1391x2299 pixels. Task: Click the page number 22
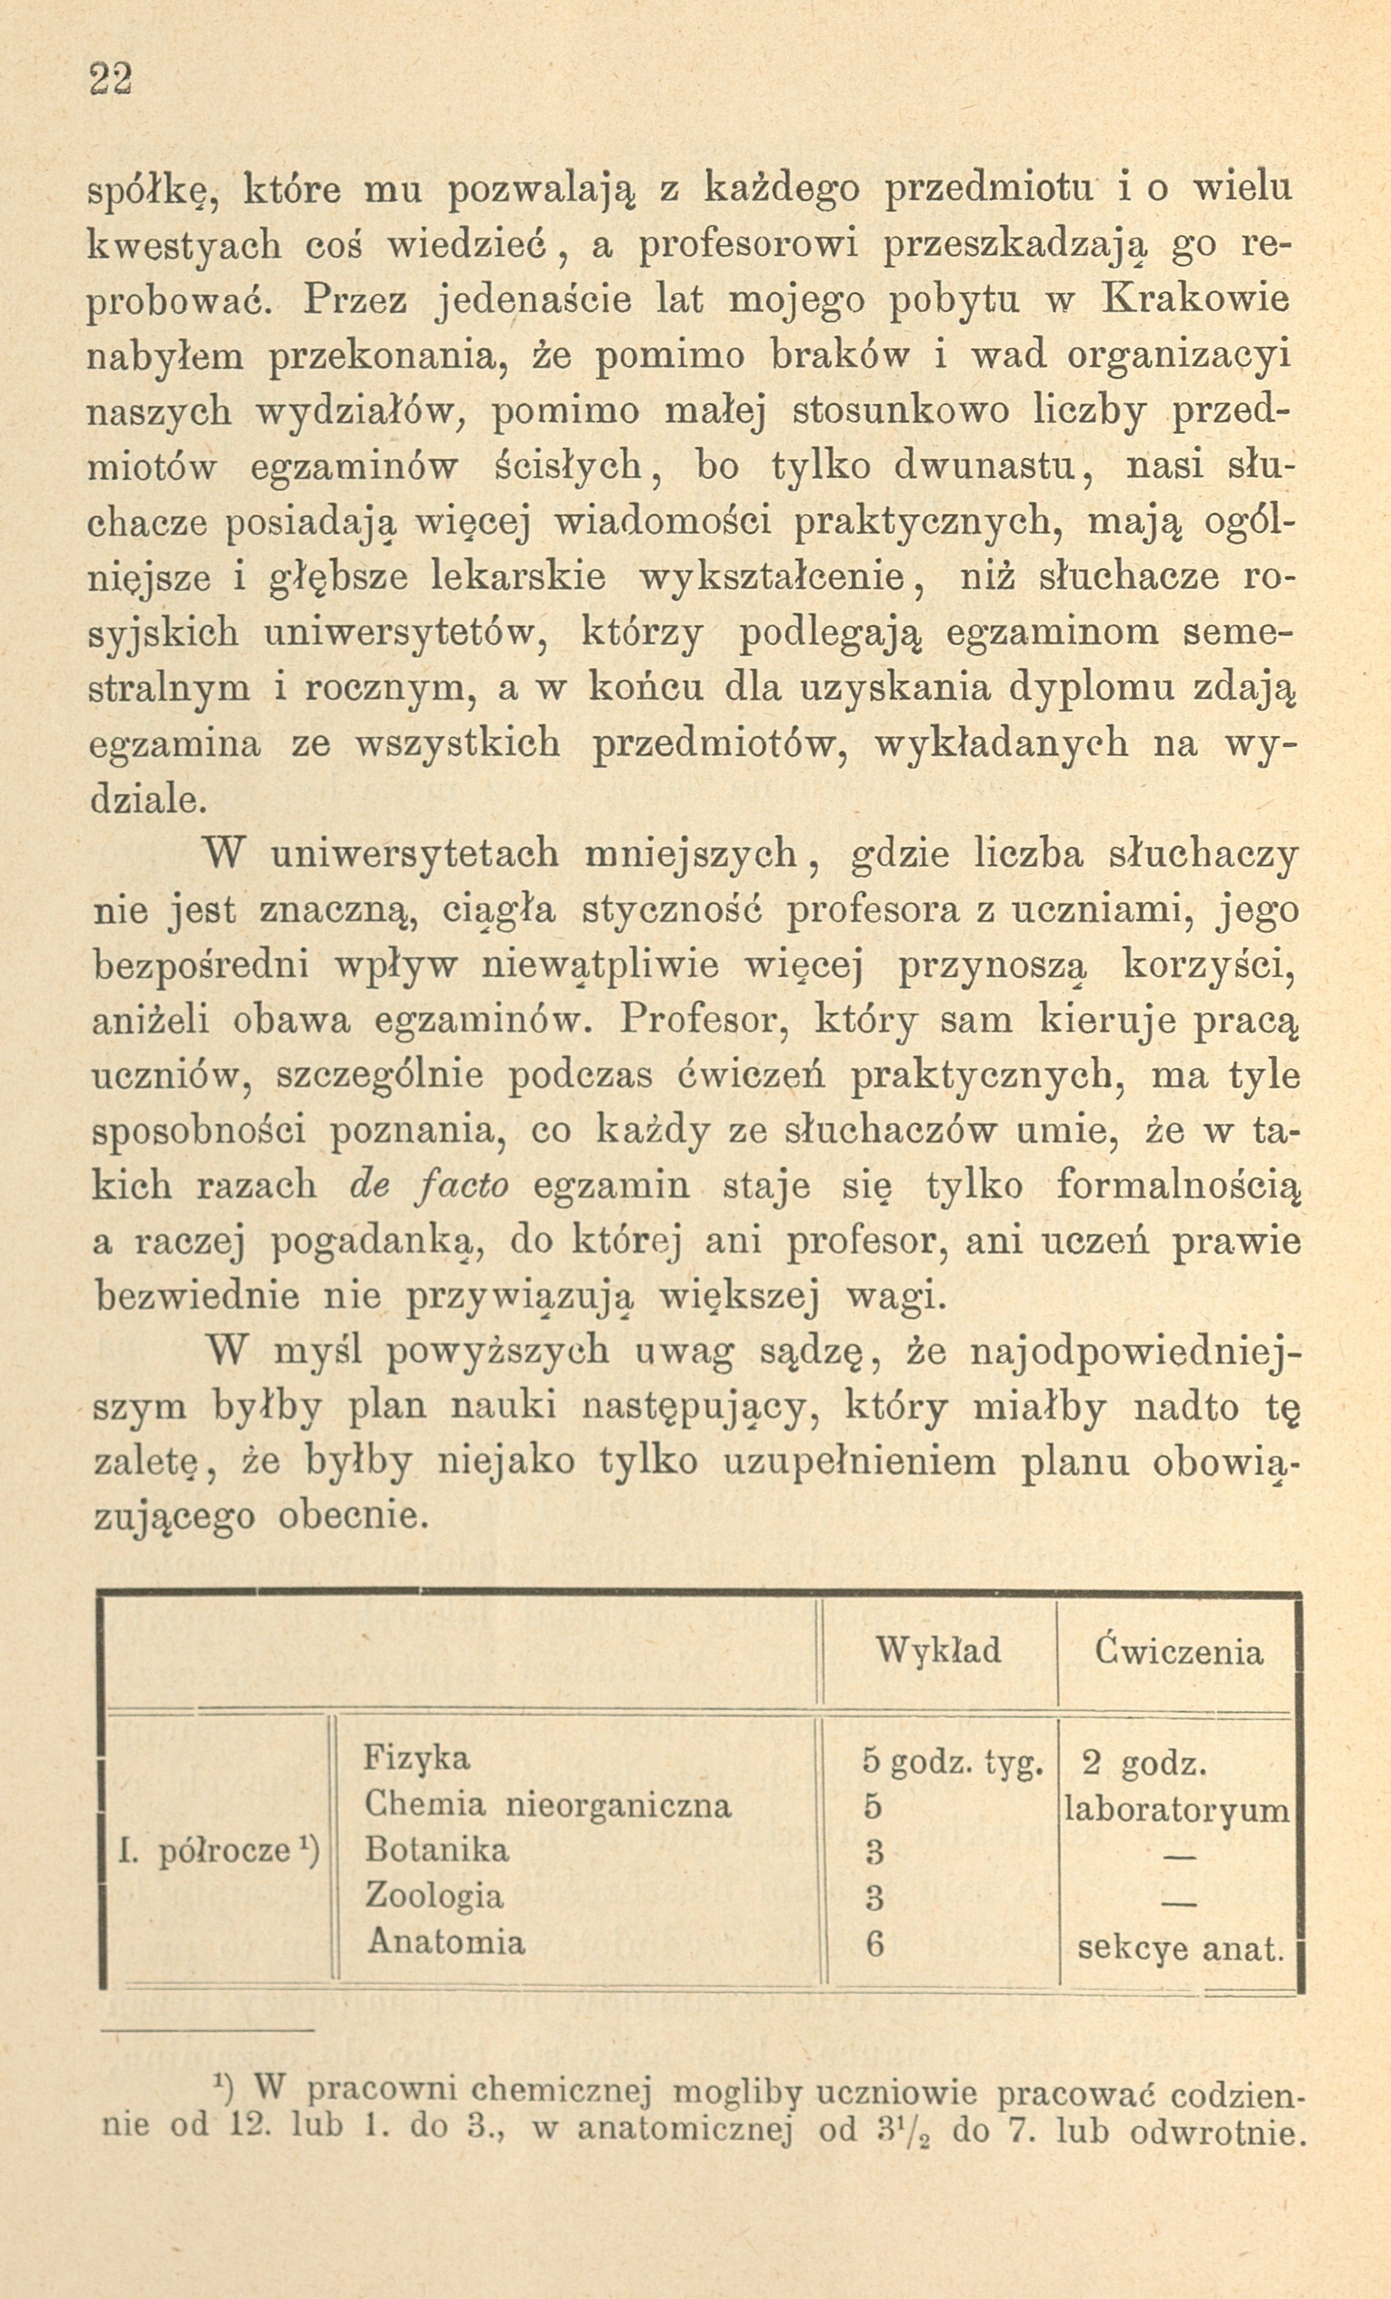[111, 79]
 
